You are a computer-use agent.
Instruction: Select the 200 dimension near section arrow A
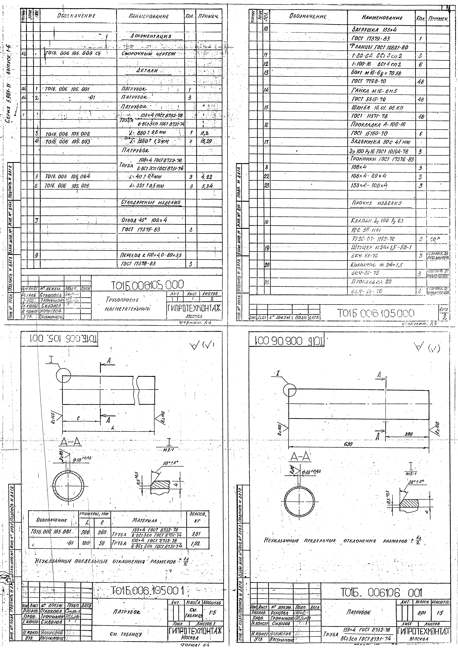[408, 434]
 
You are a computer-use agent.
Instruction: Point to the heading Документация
[151, 36]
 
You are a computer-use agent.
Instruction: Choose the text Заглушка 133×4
[371, 29]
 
